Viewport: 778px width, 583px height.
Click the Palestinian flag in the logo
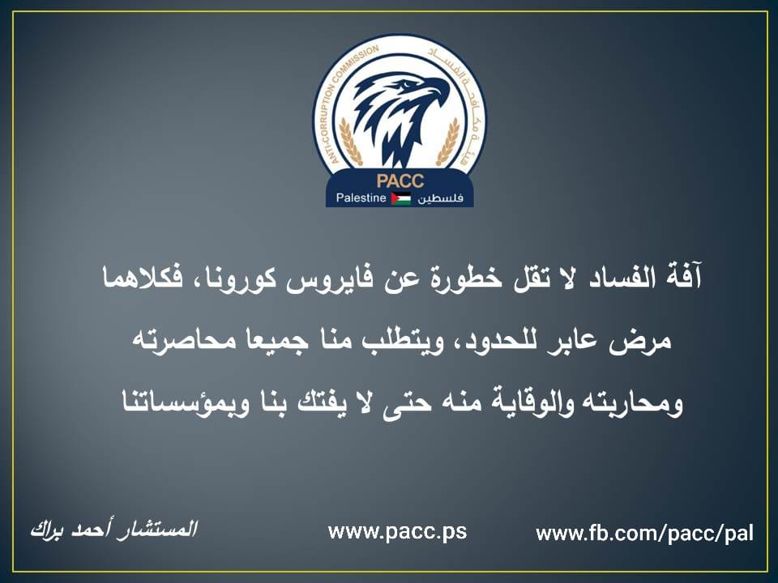pyautogui.click(x=401, y=198)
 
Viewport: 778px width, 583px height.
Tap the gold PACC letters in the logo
pyautogui.click(x=400, y=181)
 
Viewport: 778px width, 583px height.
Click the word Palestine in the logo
pyautogui.click(x=361, y=198)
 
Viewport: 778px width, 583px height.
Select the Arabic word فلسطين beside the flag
pyautogui.click(x=440, y=198)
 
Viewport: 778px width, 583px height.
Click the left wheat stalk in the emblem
pyautogui.click(x=350, y=142)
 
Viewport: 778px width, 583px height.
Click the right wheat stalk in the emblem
pyautogui.click(x=448, y=142)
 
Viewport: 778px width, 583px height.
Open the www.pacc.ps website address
pyautogui.click(x=397, y=532)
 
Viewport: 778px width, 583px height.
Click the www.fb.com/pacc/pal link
pyautogui.click(x=644, y=534)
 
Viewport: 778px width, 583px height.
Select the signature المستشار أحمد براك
pyautogui.click(x=113, y=529)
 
